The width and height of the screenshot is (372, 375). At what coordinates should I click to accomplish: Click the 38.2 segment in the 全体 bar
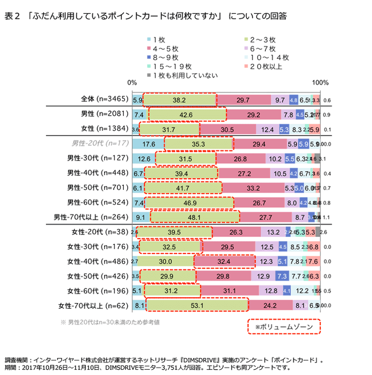coord(179,100)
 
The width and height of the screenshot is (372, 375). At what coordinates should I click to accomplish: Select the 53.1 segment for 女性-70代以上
coord(197,305)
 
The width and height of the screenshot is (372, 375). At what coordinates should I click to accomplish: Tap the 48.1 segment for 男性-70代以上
coord(195,217)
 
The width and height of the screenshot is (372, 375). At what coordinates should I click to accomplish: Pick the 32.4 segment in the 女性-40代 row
coord(224,261)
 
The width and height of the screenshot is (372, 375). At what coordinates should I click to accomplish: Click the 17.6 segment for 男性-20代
coord(148,143)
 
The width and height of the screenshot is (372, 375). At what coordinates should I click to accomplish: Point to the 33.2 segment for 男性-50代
coord(253,188)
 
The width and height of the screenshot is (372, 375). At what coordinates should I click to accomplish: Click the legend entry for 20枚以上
coord(262,66)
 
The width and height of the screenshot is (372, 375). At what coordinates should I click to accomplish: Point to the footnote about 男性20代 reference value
coord(110,322)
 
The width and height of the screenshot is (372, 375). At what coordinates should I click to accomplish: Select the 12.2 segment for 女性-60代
coord(302,291)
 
